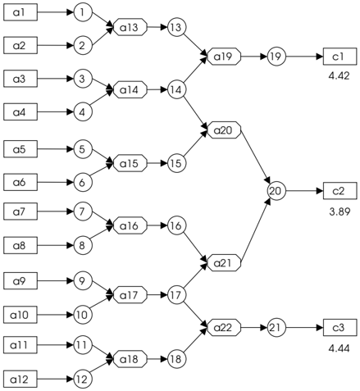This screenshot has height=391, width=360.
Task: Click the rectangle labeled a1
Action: tap(21, 12)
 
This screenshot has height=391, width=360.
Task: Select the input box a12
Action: tap(21, 379)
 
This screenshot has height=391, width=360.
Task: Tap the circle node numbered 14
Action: tap(176, 89)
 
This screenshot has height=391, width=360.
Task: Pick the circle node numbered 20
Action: tap(276, 191)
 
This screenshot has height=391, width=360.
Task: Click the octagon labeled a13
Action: tap(130, 27)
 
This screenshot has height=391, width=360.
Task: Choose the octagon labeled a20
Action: tap(224, 130)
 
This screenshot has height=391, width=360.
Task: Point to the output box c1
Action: tap(339, 57)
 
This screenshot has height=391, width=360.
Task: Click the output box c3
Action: tap(339, 327)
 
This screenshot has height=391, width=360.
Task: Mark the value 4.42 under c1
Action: tap(339, 76)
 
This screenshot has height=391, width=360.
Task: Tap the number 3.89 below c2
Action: tap(339, 211)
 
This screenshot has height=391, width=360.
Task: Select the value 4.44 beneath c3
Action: tap(339, 348)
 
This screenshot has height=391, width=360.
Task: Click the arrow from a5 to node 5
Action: tap(56, 149)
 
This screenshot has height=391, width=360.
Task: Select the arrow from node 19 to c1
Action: tap(304, 57)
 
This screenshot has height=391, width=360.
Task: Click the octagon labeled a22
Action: tap(224, 327)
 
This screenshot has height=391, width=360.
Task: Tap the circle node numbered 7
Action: tap(83, 211)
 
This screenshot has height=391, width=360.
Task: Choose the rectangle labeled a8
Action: tap(21, 245)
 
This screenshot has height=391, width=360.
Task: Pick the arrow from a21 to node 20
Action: tap(256, 230)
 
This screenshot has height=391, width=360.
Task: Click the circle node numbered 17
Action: tap(176, 295)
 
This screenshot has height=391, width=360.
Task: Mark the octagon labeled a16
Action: tap(130, 225)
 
